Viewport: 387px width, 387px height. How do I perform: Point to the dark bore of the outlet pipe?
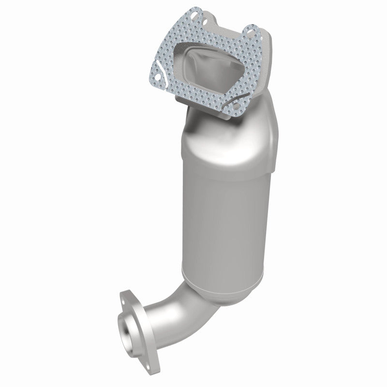[127, 323]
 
